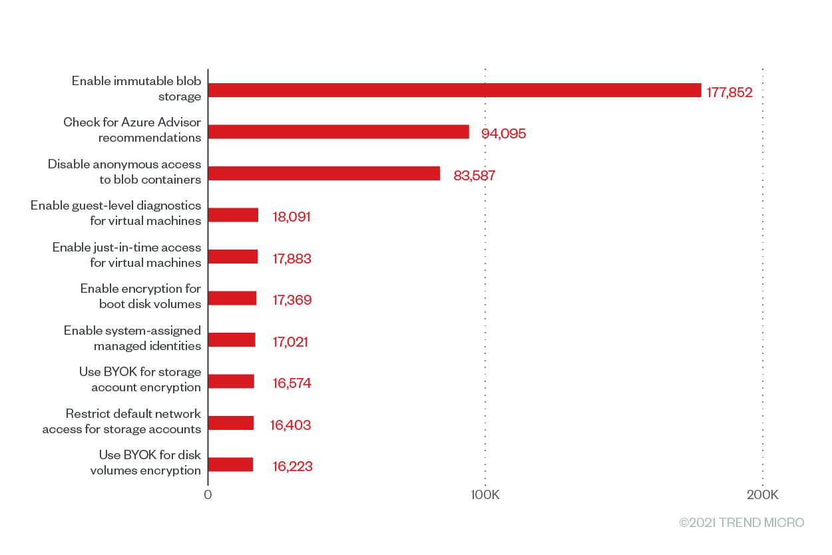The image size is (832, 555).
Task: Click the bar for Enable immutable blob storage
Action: point(455,91)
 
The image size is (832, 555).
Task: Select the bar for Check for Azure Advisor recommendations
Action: point(339,132)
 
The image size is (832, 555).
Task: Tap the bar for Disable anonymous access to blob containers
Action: point(324,174)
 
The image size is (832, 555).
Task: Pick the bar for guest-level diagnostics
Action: point(234,215)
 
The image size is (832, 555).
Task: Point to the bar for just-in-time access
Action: point(234,256)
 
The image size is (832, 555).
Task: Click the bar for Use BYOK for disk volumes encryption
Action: point(231,464)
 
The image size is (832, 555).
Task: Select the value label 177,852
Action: point(729,92)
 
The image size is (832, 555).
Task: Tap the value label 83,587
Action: point(475,176)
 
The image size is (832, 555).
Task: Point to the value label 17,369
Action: point(292,300)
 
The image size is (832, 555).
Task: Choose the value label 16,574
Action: point(292,383)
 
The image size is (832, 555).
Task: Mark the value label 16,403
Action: point(291,425)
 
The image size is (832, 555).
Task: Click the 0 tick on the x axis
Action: point(208,495)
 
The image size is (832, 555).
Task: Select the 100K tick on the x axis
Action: point(485,495)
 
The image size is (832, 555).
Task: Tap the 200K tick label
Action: point(763,495)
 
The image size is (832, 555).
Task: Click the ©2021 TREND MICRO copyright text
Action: point(741,523)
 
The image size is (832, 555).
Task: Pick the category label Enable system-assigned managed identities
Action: point(132,338)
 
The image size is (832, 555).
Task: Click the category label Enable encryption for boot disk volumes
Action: point(140,296)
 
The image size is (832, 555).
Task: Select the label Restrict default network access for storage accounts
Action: point(122,421)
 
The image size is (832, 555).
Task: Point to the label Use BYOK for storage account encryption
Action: point(140,379)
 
